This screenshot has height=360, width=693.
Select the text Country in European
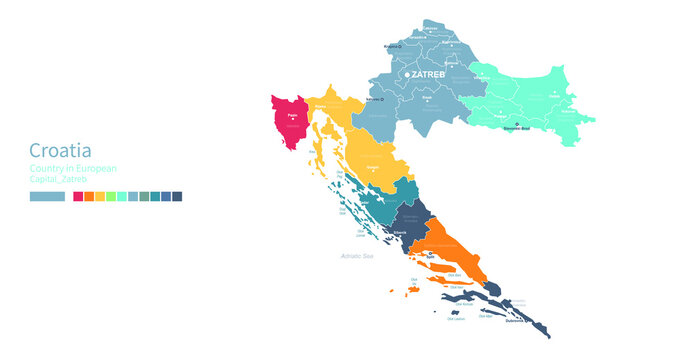(x=73, y=169)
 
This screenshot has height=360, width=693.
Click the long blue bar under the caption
(x=47, y=197)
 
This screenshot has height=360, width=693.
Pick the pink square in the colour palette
(x=78, y=197)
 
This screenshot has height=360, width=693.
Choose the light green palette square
(x=110, y=197)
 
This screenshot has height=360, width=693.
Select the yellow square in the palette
(x=100, y=197)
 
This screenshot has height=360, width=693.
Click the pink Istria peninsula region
(x=291, y=121)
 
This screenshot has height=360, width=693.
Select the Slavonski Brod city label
(x=518, y=128)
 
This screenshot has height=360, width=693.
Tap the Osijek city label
(x=553, y=97)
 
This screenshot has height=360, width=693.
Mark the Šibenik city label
(x=398, y=232)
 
